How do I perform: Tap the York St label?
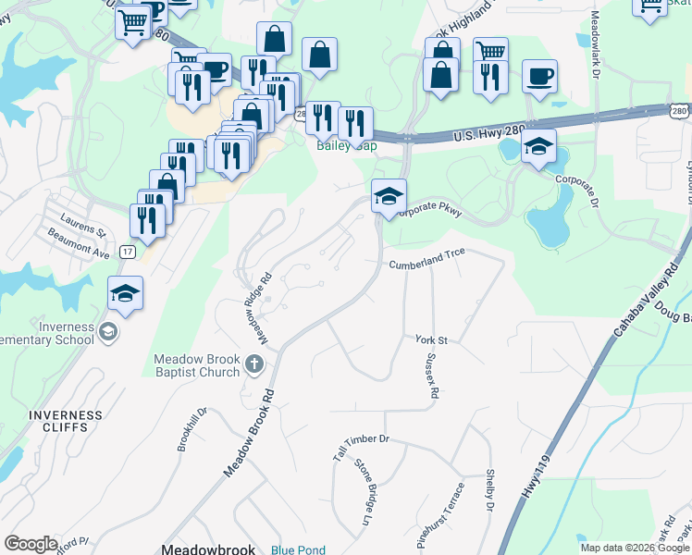(431, 340)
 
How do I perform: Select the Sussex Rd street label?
(430, 379)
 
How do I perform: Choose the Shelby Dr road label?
(489, 490)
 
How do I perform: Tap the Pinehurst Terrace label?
(440, 517)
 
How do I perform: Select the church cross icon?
(254, 366)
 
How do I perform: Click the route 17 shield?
(128, 252)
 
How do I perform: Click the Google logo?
(31, 544)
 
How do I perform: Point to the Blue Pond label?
(298, 549)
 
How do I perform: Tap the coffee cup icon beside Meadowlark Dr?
(539, 77)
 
